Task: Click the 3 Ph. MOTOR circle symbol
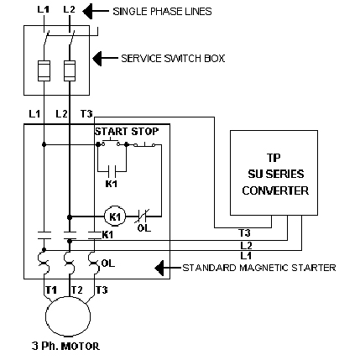[46, 316]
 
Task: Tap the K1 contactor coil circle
[115, 217]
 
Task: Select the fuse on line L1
[44, 70]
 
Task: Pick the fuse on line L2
[70, 70]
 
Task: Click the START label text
[112, 132]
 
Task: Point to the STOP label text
[145, 132]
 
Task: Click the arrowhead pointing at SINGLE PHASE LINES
[87, 11]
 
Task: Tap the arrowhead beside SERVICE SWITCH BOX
[97, 58]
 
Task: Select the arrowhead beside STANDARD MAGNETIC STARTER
[159, 268]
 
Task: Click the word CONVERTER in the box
[275, 190]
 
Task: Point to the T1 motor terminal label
[51, 290]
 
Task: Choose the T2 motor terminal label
[76, 290]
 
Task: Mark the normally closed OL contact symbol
[143, 216]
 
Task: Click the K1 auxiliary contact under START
[112, 171]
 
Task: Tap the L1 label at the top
[44, 9]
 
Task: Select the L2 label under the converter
[246, 246]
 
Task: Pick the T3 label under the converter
[244, 232]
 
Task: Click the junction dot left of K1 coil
[70, 217]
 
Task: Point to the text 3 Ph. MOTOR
[65, 347]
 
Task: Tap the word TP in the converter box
[274, 158]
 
